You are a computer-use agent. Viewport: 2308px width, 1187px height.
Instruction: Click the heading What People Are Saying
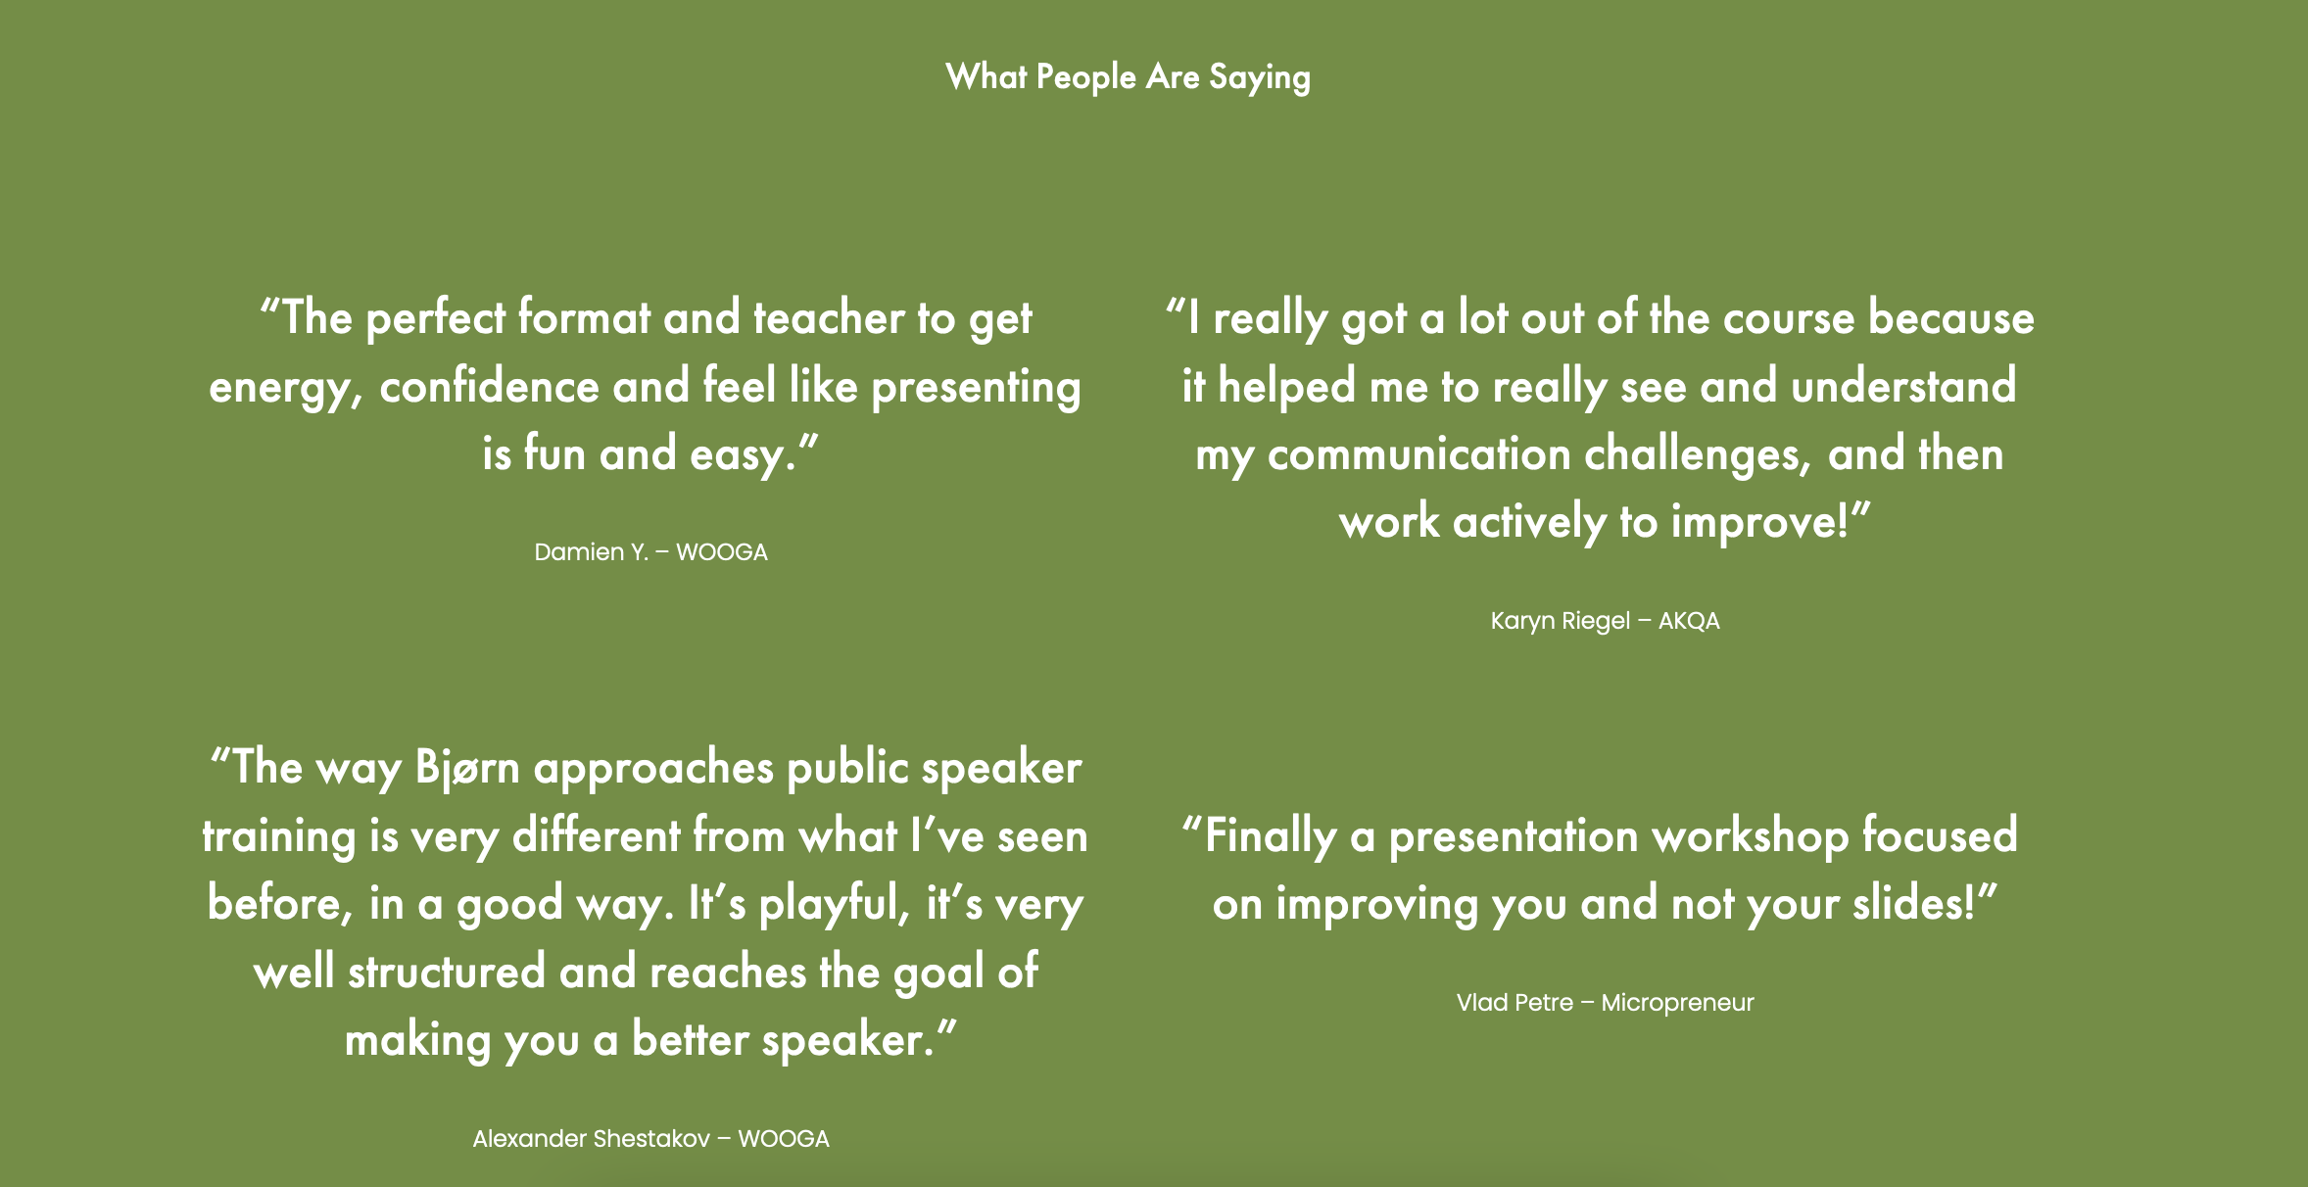pyautogui.click(x=1128, y=77)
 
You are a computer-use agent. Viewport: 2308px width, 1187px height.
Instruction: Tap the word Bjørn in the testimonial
pyautogui.click(x=467, y=768)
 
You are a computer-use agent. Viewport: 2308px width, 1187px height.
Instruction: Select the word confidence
pyautogui.click(x=489, y=386)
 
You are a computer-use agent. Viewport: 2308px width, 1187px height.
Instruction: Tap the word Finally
pyautogui.click(x=1270, y=836)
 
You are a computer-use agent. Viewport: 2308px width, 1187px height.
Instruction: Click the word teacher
pyautogui.click(x=829, y=318)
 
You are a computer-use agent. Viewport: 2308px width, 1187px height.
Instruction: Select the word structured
pyautogui.click(x=447, y=973)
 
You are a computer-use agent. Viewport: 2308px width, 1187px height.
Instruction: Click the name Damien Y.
pyautogui.click(x=591, y=552)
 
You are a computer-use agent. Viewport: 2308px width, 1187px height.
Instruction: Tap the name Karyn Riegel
pyautogui.click(x=1561, y=621)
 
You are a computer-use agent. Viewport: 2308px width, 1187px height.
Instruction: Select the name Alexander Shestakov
pyautogui.click(x=591, y=1139)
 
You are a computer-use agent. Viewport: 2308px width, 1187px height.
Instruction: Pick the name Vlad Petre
pyautogui.click(x=1515, y=1003)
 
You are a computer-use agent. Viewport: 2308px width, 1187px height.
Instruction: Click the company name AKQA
pyautogui.click(x=1689, y=621)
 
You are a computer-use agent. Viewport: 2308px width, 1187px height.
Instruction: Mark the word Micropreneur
pyautogui.click(x=1677, y=1003)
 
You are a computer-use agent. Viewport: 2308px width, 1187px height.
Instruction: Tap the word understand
pyautogui.click(x=1903, y=386)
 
